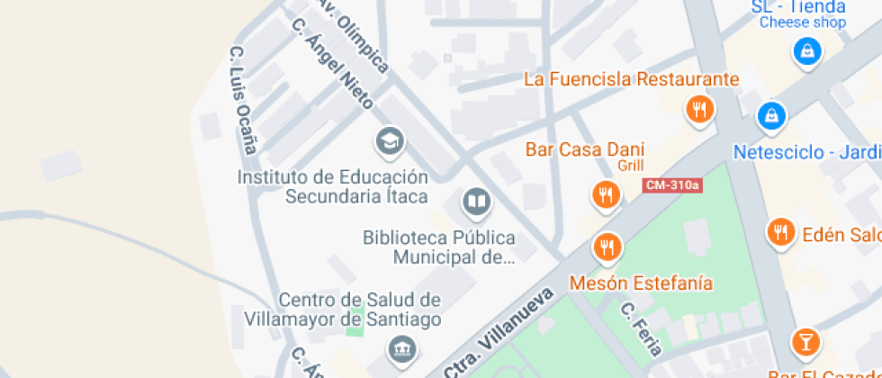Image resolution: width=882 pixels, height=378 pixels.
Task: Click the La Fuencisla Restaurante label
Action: click(x=631, y=79)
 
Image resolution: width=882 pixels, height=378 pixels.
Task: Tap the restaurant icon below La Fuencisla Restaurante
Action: click(x=699, y=110)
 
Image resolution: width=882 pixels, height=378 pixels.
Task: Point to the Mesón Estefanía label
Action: click(x=641, y=283)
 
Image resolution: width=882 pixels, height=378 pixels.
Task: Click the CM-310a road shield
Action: click(x=672, y=185)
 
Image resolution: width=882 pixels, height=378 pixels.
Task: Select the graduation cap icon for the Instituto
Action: click(x=389, y=140)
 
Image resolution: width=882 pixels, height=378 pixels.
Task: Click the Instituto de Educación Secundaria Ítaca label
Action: click(x=332, y=186)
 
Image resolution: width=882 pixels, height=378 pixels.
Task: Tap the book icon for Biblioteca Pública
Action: click(x=476, y=202)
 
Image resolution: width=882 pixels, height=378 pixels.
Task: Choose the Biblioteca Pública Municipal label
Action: click(x=439, y=247)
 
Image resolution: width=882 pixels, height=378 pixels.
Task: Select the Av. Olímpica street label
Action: click(x=352, y=34)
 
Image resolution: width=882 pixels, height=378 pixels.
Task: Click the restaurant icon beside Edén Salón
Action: click(x=780, y=232)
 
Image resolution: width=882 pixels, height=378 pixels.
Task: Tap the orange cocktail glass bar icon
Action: click(x=805, y=342)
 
